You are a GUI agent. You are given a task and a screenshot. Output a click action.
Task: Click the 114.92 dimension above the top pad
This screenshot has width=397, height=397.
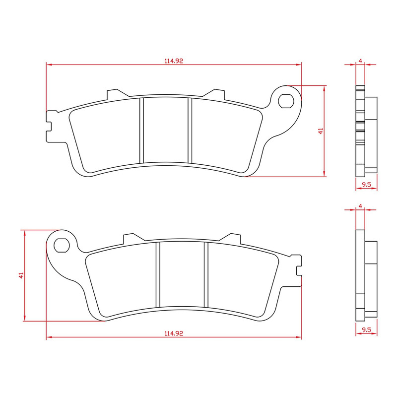tap(174, 61)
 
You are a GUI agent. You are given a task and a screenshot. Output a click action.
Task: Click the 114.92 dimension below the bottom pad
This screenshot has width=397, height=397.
tap(174, 334)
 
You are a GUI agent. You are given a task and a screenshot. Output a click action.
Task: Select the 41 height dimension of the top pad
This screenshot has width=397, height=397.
tap(321, 131)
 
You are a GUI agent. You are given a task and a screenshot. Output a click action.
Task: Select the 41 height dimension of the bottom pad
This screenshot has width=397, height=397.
tap(21, 275)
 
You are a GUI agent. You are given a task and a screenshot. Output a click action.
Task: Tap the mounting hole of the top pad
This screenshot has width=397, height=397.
tap(286, 101)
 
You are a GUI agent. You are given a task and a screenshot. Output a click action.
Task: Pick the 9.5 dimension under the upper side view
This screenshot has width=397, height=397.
tap(366, 185)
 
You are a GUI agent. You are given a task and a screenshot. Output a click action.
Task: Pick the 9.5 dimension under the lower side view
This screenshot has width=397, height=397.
tap(366, 329)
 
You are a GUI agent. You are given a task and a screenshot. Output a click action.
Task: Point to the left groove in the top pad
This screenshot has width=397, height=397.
tap(141, 130)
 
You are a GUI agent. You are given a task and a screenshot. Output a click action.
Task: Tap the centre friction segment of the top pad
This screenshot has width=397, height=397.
tap(165, 130)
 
